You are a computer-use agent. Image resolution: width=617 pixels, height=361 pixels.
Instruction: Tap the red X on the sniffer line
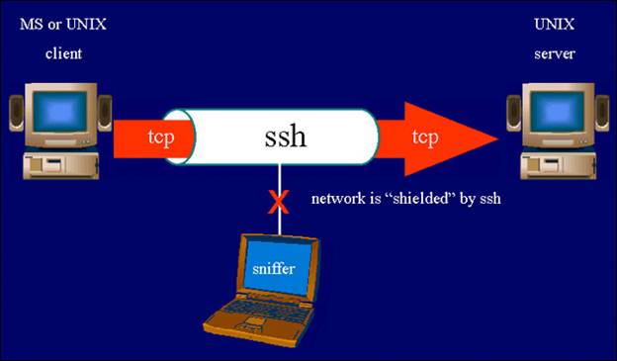pyautogui.click(x=279, y=204)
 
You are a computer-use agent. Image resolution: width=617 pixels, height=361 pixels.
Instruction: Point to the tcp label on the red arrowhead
pyautogui.click(x=425, y=136)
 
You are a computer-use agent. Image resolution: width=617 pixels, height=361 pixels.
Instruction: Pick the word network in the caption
pyautogui.click(x=336, y=198)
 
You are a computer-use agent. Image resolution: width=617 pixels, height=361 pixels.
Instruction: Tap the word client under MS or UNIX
pyautogui.click(x=63, y=53)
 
